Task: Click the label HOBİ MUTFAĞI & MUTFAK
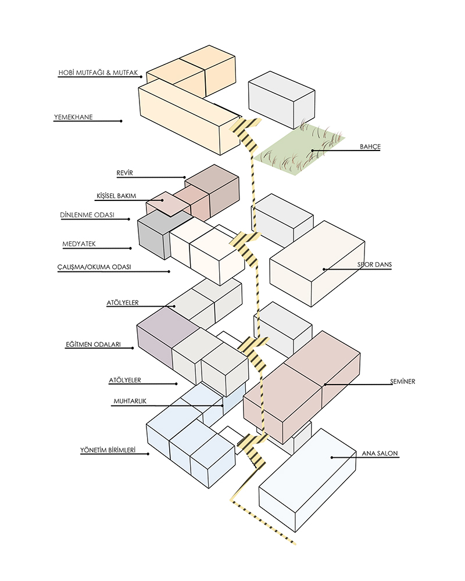coord(98,73)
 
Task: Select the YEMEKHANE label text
coord(73,117)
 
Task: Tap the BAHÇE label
coord(370,147)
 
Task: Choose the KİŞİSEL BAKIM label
coord(116,196)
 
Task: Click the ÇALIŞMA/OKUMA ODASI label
coord(97,267)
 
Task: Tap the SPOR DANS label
coord(375,265)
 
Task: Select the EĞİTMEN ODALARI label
coord(92,345)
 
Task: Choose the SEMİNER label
coord(402,381)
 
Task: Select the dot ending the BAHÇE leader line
coord(312,151)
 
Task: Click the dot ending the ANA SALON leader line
coord(332,457)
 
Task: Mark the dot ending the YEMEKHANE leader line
coord(121,121)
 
